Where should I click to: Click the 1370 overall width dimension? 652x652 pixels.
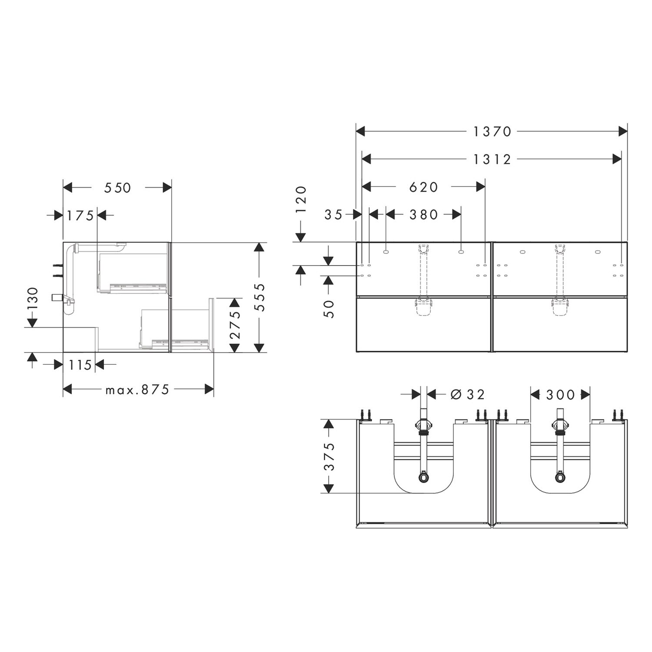[492, 131]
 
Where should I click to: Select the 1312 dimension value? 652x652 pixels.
[492, 160]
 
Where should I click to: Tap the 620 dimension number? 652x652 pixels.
[424, 187]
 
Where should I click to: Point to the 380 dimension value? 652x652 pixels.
[424, 214]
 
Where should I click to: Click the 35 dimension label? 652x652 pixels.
[334, 214]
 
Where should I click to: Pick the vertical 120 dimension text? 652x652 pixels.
[301, 199]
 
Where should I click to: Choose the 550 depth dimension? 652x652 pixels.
[118, 187]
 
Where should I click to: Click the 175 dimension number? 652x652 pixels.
[80, 215]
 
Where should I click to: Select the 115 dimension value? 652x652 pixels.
[80, 365]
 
